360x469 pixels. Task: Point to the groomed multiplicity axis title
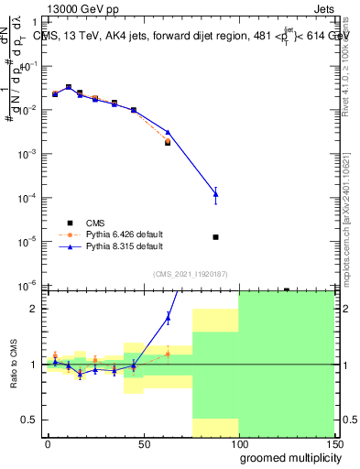point(287,457)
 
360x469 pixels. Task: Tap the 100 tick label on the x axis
point(238,443)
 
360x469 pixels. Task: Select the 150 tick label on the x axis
point(333,443)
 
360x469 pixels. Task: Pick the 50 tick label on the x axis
point(143,443)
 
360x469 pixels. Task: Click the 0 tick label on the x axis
point(48,443)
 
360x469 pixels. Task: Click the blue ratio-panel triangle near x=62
point(168,318)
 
